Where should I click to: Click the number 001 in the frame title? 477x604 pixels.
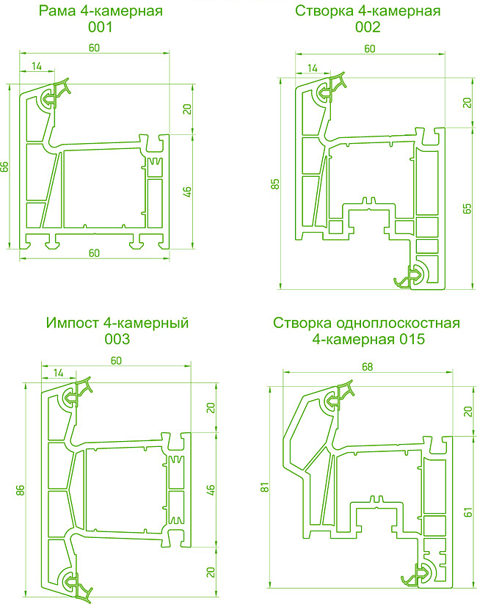[100, 28]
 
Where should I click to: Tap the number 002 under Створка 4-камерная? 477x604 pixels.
[367, 28]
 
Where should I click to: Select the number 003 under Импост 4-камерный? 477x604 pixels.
[117, 339]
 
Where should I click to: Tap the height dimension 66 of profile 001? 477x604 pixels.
[5, 167]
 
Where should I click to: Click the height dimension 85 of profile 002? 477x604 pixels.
[275, 183]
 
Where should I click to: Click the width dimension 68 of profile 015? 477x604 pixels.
[368, 367]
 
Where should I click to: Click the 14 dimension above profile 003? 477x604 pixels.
[59, 374]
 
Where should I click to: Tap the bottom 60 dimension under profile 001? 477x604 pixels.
[94, 253]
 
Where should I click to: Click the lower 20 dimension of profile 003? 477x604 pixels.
[210, 568]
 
